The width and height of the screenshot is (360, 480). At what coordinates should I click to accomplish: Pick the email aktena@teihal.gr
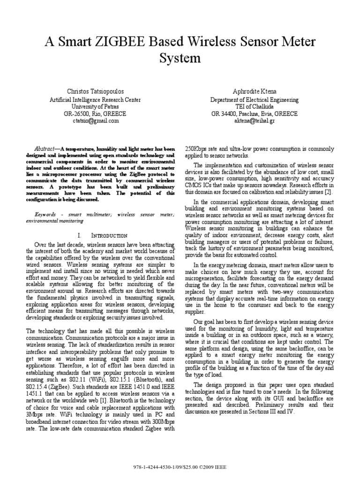click(x=255, y=120)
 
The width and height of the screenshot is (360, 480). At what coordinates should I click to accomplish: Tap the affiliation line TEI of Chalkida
click(x=255, y=106)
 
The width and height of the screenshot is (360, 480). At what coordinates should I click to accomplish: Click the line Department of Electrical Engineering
click(x=255, y=99)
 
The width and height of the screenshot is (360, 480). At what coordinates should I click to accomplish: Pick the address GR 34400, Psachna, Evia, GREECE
click(x=255, y=113)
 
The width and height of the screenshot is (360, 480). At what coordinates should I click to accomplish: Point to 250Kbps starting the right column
click(x=198, y=149)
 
